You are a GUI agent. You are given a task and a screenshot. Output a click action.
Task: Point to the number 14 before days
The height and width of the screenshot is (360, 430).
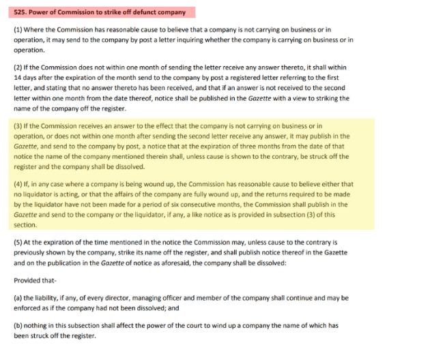pyautogui.click(x=18, y=78)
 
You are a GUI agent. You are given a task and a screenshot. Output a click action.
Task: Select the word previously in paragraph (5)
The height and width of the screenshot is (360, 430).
pyautogui.click(x=31, y=252)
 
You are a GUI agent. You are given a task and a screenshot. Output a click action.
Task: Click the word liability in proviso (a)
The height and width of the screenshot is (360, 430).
pyautogui.click(x=48, y=298)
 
